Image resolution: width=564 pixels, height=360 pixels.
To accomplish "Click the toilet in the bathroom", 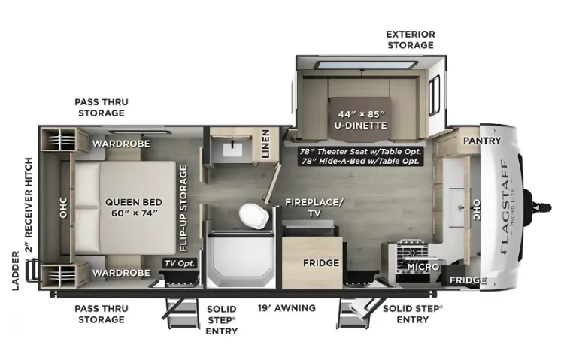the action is click(x=254, y=216).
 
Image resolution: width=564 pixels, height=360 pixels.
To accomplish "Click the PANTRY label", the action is click(x=482, y=141).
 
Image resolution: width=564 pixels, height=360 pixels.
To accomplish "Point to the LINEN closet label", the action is click(x=265, y=144).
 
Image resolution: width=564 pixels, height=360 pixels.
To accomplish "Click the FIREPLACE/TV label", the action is click(x=314, y=207).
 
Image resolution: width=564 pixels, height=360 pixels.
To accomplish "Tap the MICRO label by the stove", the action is click(x=423, y=267).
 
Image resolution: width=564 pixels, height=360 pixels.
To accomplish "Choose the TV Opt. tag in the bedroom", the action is click(x=180, y=263).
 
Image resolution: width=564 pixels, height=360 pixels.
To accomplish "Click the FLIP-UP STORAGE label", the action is click(x=183, y=208).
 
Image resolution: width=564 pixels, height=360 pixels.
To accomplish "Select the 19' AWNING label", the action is click(x=287, y=308).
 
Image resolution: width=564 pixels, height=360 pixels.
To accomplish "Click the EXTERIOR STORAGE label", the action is click(x=411, y=40).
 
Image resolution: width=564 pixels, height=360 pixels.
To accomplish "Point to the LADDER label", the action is click(x=16, y=271).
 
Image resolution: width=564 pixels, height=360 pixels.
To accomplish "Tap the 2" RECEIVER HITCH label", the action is click(x=29, y=205).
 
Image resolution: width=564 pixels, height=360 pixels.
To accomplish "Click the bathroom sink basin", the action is click(x=232, y=148).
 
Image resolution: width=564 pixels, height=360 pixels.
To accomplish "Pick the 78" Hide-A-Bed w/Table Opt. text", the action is click(x=361, y=161).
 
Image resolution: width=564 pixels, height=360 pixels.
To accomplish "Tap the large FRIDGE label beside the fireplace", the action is click(x=321, y=263).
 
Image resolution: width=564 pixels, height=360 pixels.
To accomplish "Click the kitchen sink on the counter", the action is click(x=459, y=207).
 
